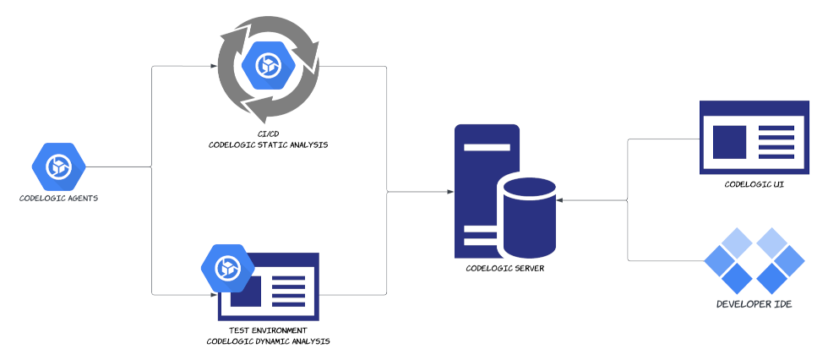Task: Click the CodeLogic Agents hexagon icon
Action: click(59, 166)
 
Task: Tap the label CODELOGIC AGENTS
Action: click(59, 199)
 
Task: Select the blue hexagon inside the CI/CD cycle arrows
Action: click(268, 65)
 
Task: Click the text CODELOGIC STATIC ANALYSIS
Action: click(268, 145)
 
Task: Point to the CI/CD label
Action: click(268, 134)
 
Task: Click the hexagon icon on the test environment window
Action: click(228, 267)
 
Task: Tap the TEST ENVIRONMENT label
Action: click(268, 330)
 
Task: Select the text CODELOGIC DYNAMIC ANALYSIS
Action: click(268, 341)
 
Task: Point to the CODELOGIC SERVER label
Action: click(505, 268)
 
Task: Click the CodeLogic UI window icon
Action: click(755, 138)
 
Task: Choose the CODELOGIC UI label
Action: click(755, 183)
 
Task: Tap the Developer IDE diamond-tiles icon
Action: click(754, 259)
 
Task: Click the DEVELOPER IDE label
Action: click(754, 303)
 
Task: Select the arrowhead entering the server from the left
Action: click(449, 193)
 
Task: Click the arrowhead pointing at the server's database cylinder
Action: click(560, 200)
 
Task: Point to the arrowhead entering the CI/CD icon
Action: click(213, 66)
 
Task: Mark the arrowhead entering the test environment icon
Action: click(213, 295)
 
